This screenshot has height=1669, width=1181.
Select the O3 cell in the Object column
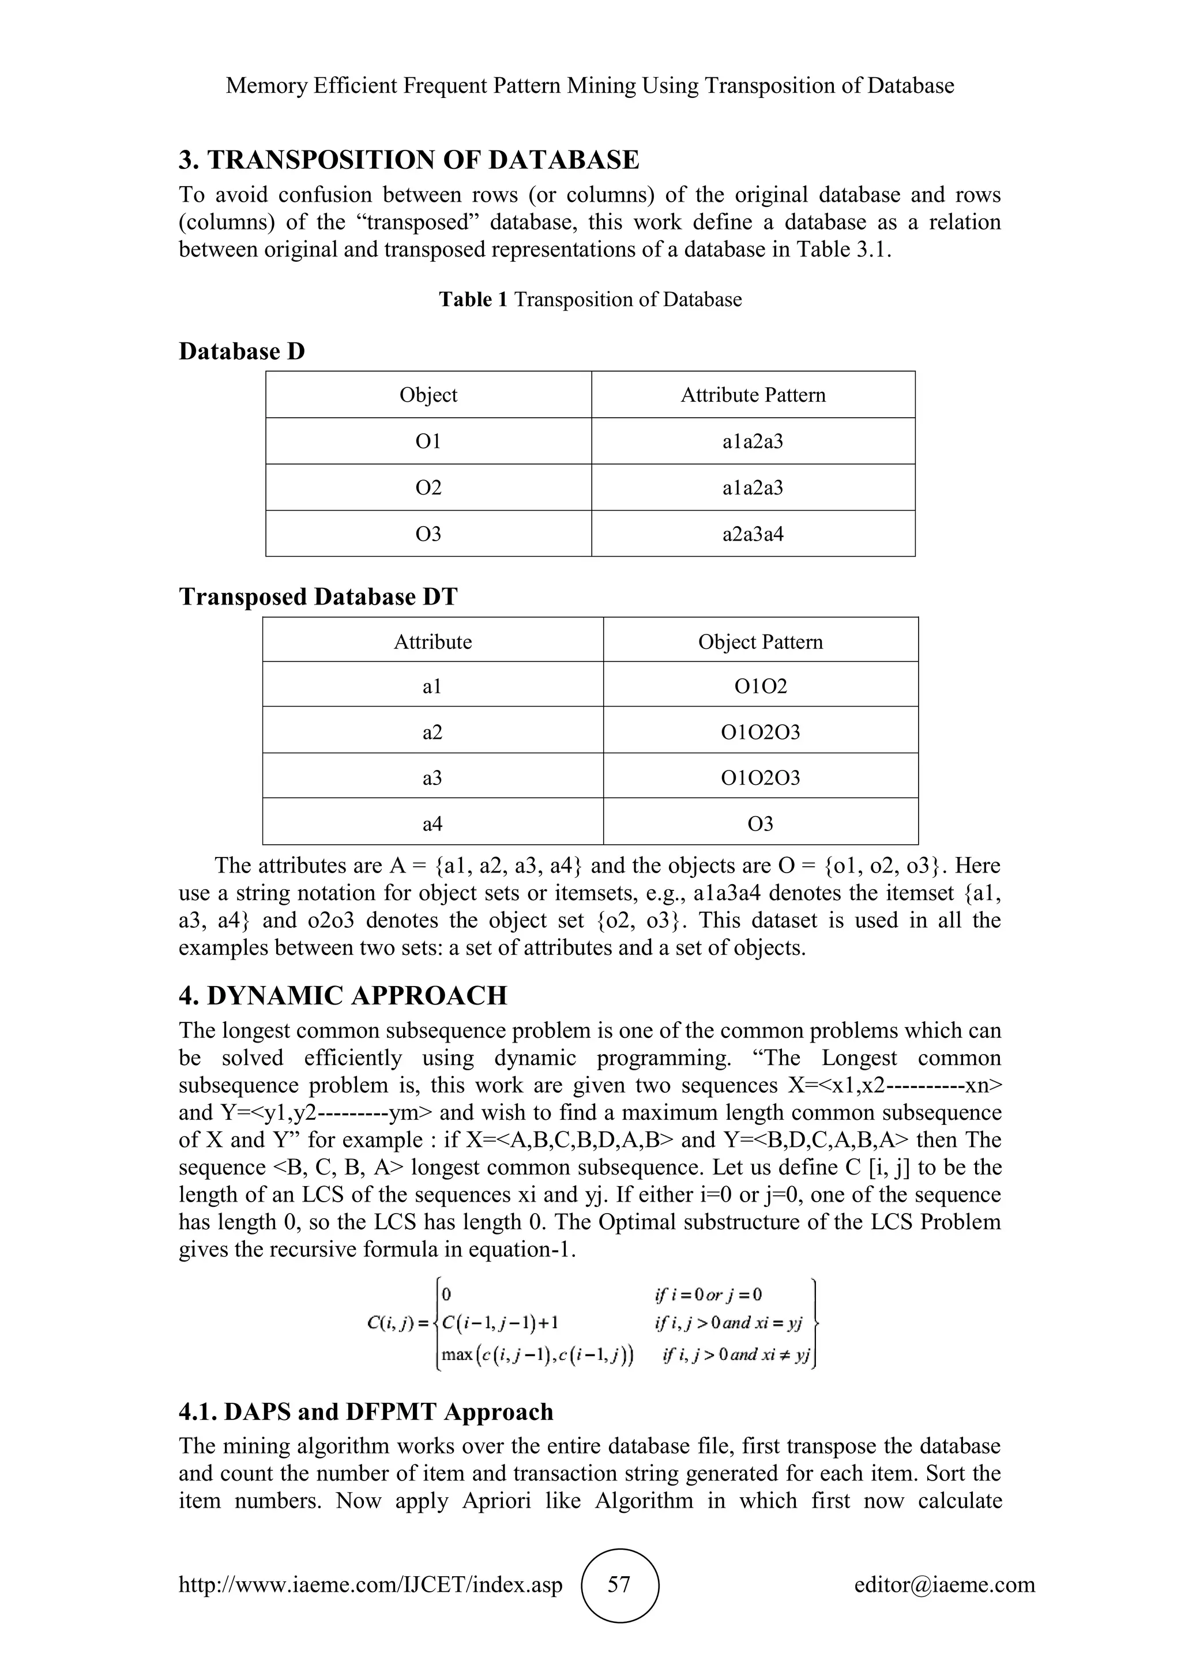tap(428, 534)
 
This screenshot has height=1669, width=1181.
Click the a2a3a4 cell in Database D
tap(753, 534)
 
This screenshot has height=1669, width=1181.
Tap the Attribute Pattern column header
tap(753, 395)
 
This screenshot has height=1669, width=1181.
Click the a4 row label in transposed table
tap(432, 824)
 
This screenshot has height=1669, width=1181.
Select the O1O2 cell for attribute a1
tap(760, 686)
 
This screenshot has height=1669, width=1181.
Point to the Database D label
tap(242, 352)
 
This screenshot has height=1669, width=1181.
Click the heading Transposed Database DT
tap(318, 597)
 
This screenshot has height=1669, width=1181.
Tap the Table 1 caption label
tap(473, 300)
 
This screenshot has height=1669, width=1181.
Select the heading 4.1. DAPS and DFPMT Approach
tap(366, 1411)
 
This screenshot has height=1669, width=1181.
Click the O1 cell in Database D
tap(428, 441)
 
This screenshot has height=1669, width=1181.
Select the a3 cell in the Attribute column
tap(432, 778)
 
